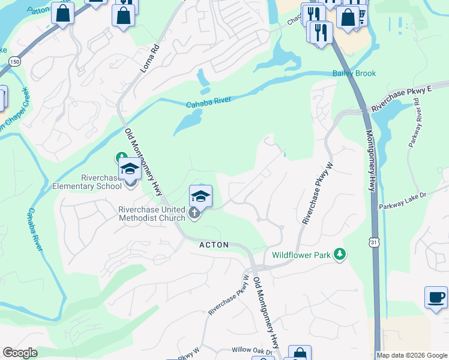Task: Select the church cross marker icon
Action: point(194,213)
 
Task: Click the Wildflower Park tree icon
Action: point(340,254)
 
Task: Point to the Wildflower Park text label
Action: point(301,255)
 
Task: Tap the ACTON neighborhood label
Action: point(215,245)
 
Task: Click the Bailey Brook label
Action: point(354,73)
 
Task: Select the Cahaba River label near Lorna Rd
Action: point(208,103)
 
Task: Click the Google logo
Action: point(20,353)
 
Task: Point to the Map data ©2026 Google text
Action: point(412,355)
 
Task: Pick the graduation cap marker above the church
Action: point(201,196)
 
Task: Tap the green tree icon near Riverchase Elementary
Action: point(119,158)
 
